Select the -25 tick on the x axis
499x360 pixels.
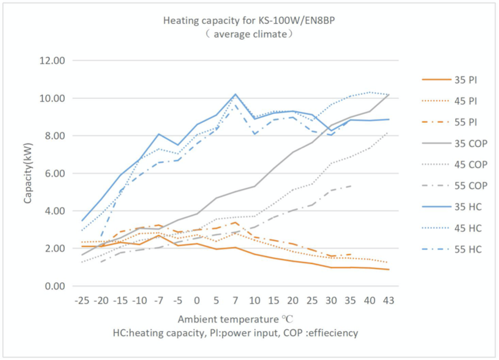point(83,300)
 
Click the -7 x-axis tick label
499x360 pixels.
point(159,300)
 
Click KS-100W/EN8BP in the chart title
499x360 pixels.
point(270,21)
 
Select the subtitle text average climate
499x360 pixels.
point(241,34)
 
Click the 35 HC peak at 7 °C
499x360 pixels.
point(235,94)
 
